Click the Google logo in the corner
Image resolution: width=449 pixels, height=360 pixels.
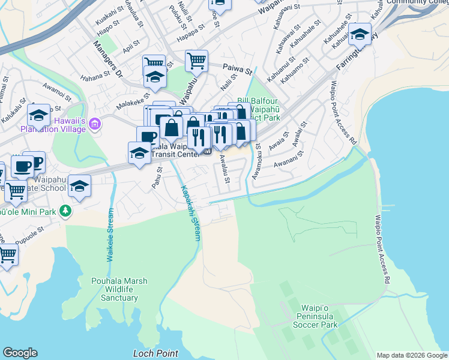click(x=20, y=353)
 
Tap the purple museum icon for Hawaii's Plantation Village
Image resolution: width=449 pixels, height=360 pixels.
click(x=94, y=125)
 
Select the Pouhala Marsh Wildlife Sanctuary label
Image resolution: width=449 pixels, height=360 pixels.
click(x=119, y=289)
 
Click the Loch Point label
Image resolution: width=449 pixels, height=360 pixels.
click(x=155, y=353)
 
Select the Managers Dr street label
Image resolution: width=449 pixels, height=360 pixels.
click(x=107, y=59)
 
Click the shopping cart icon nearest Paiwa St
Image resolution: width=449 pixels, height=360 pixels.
click(x=196, y=60)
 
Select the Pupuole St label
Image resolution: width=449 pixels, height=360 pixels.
click(x=31, y=229)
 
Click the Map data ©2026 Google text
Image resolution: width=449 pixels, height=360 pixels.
click(x=412, y=355)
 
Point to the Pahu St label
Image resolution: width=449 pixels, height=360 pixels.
click(x=157, y=178)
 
